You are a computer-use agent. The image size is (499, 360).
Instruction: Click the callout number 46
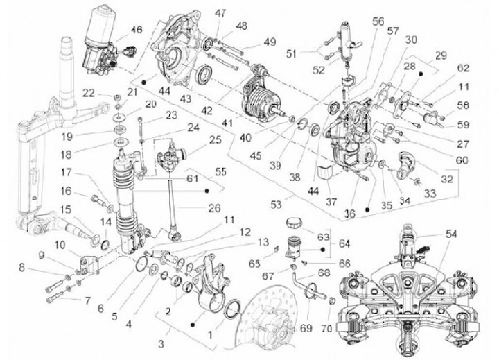coord(137,30)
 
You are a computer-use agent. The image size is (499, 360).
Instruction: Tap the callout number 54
coord(452,234)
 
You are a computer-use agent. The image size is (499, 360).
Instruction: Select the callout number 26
coord(214,208)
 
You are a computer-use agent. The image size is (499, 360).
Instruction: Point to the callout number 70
coord(326,328)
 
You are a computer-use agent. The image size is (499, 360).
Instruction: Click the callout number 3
coord(161,344)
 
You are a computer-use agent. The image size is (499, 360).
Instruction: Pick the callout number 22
coord(89,94)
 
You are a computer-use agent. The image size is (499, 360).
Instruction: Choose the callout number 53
coord(276,204)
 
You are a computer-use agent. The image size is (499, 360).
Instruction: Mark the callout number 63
coord(324,237)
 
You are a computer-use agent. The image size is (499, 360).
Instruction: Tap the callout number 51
coord(291,54)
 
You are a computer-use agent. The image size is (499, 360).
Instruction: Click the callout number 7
coord(87,301)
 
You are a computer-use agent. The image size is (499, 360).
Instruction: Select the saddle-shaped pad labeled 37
coord(325,172)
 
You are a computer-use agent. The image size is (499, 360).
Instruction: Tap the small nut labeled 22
coord(117,96)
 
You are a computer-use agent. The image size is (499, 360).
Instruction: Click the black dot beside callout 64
coord(322,250)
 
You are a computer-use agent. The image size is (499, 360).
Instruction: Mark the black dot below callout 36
coord(367,210)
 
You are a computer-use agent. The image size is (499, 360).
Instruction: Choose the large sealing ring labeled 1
coord(233,309)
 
